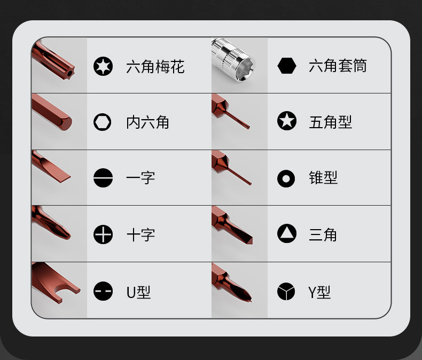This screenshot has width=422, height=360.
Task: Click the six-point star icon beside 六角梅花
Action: click(103, 66)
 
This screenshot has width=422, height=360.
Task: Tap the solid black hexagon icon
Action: click(287, 66)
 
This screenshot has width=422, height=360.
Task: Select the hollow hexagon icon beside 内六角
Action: click(102, 122)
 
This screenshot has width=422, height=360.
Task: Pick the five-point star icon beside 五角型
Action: click(287, 121)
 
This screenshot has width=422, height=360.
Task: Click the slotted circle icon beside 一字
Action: click(103, 178)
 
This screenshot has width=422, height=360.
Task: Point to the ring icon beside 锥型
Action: click(286, 178)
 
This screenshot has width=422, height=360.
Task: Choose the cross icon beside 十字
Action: click(103, 234)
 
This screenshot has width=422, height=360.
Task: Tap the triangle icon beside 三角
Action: click(287, 233)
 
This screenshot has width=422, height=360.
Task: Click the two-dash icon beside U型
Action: click(103, 291)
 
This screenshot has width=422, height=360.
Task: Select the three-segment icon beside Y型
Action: click(286, 291)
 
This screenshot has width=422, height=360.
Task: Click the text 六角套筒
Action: click(338, 66)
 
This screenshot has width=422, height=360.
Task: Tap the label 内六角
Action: click(147, 122)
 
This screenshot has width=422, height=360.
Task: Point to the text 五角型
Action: click(331, 122)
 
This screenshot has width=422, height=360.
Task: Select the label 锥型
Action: click(323, 177)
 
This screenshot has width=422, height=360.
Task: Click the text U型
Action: click(138, 292)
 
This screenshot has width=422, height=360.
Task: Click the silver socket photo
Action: click(233, 60)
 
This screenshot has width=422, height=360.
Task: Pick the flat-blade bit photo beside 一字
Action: click(51, 167)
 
